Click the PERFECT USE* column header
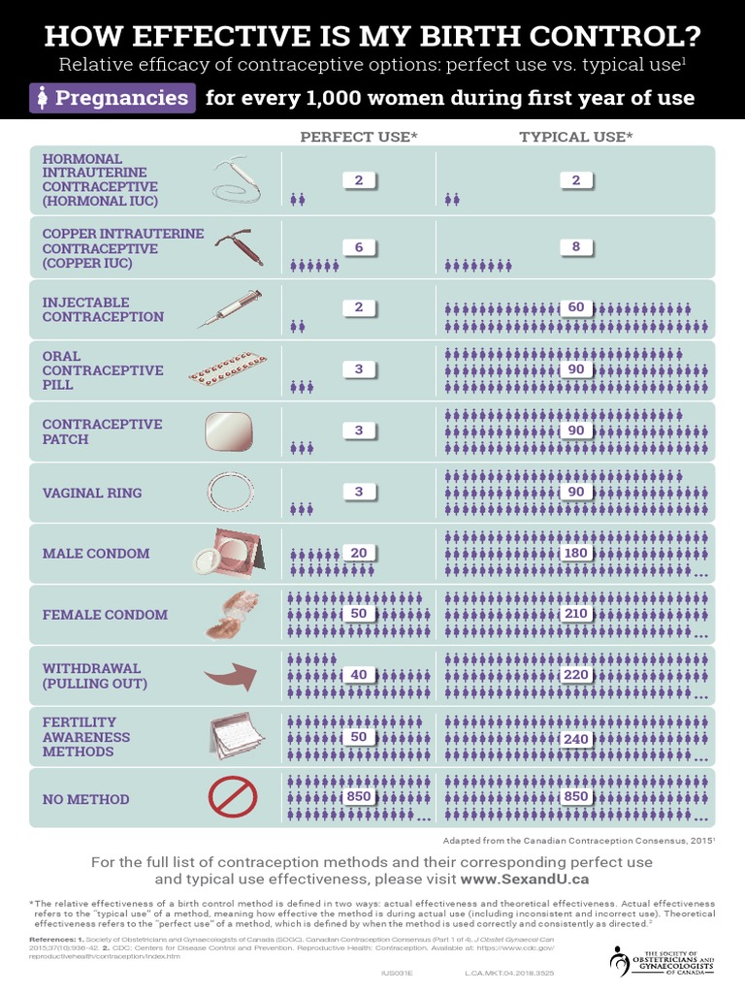point(358,137)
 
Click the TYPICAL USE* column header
point(575,137)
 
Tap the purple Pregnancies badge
point(113,98)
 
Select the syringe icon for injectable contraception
point(229,309)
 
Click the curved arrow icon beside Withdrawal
point(229,675)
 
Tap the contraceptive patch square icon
point(229,432)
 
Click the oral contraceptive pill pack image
point(229,369)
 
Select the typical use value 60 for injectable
point(576,307)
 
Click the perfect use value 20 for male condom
point(359,553)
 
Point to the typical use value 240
point(576,738)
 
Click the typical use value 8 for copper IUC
point(576,247)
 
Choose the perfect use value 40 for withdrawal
point(359,675)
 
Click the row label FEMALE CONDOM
point(105,615)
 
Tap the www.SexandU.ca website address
point(525,880)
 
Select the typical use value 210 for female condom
point(576,614)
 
